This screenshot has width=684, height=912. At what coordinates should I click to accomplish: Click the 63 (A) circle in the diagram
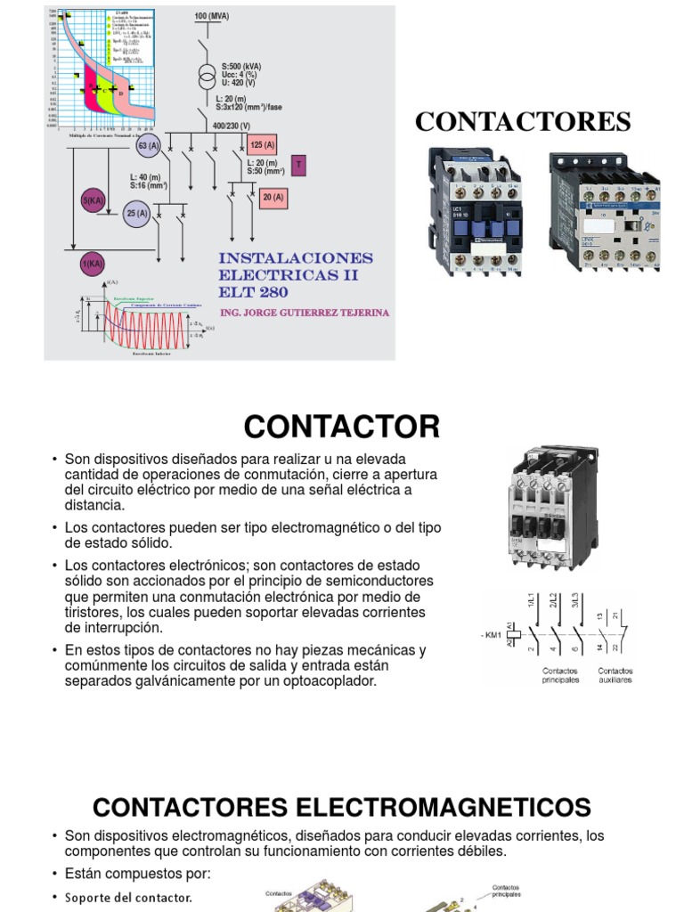148,145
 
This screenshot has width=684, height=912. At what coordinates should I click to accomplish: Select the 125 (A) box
263,145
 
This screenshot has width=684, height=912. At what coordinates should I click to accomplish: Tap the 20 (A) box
273,198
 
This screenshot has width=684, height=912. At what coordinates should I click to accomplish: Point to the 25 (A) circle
136,214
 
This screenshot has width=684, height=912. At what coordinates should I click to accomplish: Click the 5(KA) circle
94,201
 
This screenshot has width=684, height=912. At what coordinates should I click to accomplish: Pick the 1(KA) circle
93,264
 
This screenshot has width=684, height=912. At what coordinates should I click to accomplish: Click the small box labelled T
299,166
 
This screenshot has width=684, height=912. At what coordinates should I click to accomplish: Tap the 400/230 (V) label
232,126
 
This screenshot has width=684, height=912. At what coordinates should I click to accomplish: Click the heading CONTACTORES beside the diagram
523,122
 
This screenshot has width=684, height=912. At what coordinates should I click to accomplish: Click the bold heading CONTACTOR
342,427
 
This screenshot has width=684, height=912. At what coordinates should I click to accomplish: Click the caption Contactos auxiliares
615,675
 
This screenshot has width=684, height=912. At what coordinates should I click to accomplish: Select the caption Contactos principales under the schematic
561,675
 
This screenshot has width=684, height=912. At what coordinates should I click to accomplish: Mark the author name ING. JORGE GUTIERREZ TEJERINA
304,313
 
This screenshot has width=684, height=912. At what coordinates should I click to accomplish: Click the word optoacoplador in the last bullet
327,681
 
